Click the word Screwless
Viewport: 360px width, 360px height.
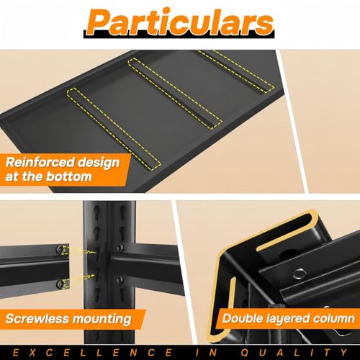[x=37, y=319]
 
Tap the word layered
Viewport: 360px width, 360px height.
[x=287, y=319]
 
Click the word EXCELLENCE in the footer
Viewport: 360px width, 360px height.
[x=92, y=353]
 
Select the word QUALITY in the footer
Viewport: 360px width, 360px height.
[x=294, y=353]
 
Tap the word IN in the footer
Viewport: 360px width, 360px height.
[x=207, y=353]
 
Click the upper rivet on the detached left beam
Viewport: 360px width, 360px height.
[x=59, y=250]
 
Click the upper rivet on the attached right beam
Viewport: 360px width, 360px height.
[x=120, y=248]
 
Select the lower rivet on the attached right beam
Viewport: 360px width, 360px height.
[x=120, y=279]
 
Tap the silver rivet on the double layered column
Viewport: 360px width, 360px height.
[x=300, y=274]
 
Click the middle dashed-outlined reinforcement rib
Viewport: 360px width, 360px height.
[x=176, y=94]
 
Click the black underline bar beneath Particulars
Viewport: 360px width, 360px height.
[x=179, y=35]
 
